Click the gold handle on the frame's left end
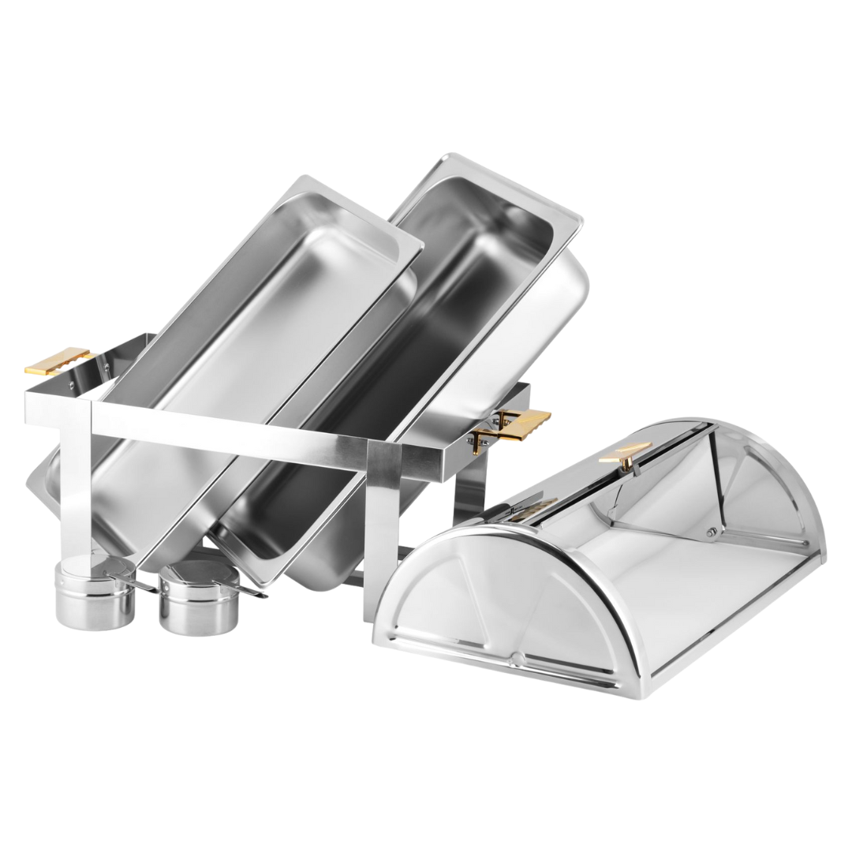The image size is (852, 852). point(58,360)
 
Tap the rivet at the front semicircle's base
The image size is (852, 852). point(517,657)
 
